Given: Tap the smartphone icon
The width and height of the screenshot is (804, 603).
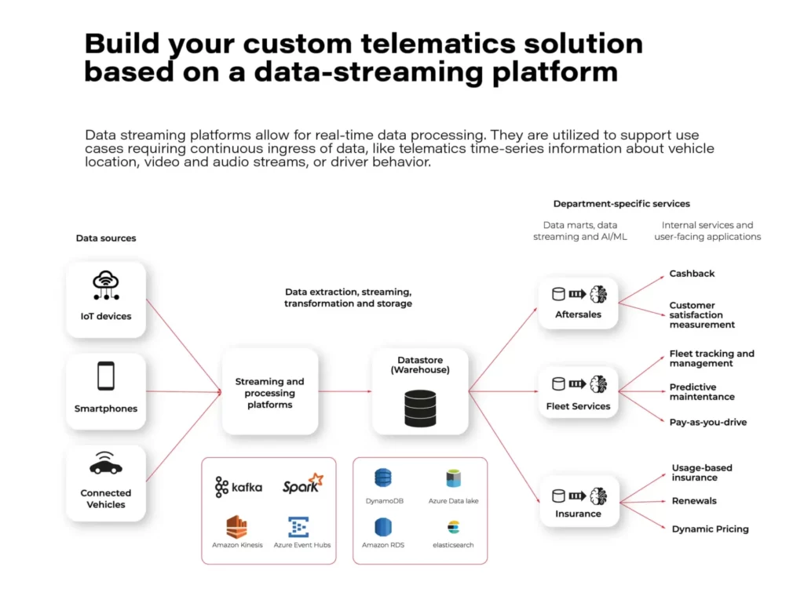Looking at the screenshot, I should [106, 376].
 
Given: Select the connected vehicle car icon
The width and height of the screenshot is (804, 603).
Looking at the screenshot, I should [106, 465].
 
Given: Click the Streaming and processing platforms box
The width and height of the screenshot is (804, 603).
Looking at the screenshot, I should [269, 392].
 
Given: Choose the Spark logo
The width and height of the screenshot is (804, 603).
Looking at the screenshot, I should [302, 484].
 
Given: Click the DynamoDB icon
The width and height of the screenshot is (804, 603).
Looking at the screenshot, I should [383, 478].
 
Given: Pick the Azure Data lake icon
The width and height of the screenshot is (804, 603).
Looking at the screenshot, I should [453, 478].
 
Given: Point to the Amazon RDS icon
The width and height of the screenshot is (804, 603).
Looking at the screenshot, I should [383, 527].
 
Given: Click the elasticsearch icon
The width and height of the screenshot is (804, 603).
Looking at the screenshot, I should [453, 527].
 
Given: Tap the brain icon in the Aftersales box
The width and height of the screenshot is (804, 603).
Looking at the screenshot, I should [598, 294].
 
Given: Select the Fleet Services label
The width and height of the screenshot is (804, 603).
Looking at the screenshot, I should [578, 406].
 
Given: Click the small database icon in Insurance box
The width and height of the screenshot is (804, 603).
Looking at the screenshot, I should [558, 496].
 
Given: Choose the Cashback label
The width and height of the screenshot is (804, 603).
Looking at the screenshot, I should [692, 274].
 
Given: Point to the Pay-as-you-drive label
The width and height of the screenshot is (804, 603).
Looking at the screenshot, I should [707, 422].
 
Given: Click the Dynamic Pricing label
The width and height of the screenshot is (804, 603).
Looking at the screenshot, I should [710, 529].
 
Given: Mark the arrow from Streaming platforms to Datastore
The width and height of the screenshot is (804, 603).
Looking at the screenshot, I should [345, 391].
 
